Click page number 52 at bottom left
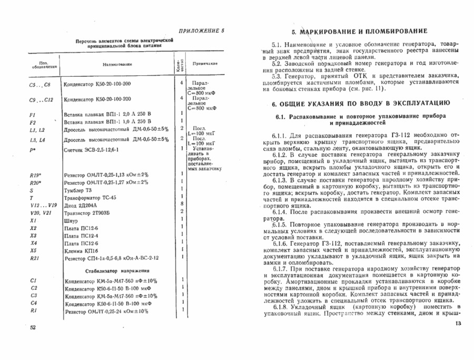33,327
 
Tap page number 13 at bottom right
457,323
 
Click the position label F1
33,114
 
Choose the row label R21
35,258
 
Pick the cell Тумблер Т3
77,190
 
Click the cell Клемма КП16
80,251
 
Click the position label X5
33,251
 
